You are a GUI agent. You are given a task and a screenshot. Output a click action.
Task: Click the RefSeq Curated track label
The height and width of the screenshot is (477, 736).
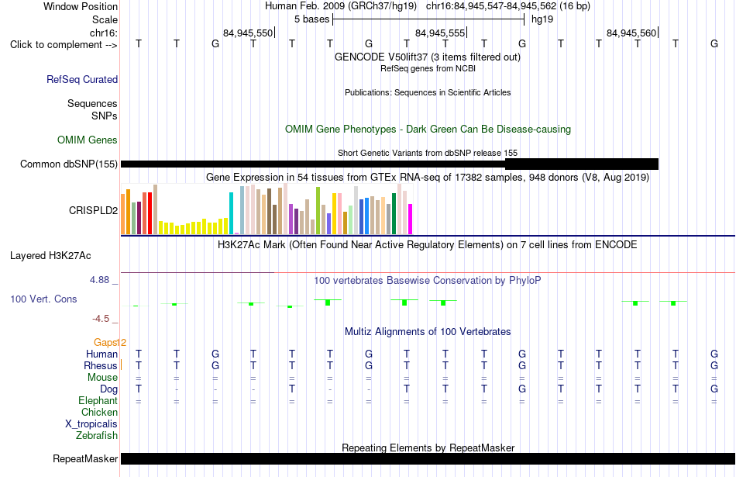(82, 79)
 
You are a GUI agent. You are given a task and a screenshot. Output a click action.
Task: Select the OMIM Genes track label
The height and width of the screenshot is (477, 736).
(88, 140)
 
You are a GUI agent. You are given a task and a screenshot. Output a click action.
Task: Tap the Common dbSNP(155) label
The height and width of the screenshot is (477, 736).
(69, 164)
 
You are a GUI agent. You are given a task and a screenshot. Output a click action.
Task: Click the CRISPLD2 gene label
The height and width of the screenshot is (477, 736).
(94, 210)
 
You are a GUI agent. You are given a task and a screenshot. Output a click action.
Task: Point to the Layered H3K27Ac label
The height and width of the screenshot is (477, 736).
(50, 256)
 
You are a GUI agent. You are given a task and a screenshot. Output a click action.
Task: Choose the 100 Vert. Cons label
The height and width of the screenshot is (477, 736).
(43, 299)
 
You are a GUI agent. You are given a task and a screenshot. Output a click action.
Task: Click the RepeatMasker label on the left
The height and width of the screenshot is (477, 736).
(85, 458)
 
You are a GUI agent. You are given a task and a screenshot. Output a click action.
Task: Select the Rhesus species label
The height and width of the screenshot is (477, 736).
(101, 365)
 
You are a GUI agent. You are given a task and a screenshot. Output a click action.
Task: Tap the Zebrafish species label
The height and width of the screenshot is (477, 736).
(97, 435)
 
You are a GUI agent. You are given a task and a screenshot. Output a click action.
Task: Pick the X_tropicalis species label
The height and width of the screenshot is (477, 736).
(91, 423)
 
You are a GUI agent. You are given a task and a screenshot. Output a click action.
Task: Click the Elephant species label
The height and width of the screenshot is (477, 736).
(98, 400)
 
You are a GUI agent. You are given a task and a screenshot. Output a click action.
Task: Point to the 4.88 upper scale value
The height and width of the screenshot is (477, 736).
(99, 280)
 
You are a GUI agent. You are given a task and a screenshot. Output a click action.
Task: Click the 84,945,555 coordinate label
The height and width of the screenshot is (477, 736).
(440, 33)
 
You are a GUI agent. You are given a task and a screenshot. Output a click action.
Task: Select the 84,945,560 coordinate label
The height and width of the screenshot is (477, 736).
(631, 33)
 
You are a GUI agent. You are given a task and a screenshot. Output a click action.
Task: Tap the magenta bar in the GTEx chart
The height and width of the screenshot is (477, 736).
(411, 219)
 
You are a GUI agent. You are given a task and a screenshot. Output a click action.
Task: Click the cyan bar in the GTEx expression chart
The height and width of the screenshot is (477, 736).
(231, 213)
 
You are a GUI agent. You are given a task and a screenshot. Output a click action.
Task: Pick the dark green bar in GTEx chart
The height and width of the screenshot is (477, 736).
(394, 214)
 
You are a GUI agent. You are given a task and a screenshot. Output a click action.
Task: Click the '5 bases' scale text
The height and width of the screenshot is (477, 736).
(312, 19)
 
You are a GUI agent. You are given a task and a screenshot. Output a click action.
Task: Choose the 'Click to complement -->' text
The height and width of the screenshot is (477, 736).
(64, 45)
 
